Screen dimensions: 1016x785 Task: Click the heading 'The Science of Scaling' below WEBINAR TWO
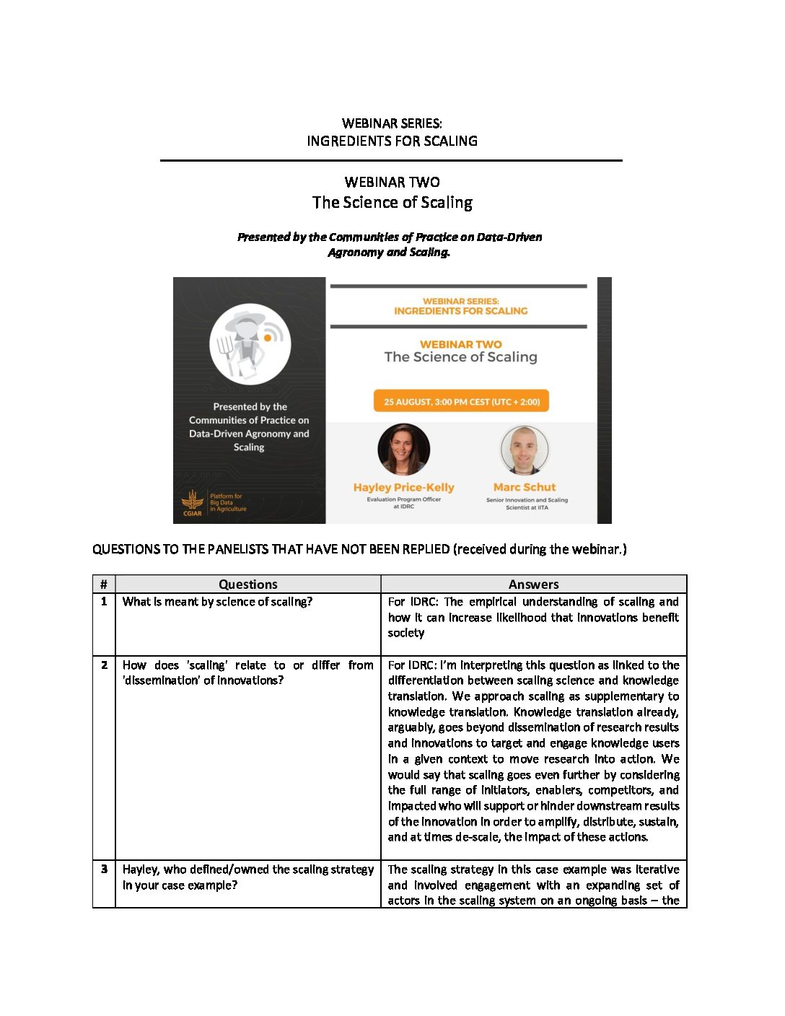tap(392, 203)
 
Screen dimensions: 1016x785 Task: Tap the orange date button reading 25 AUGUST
tap(461, 402)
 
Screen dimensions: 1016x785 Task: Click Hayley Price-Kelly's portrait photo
tap(403, 450)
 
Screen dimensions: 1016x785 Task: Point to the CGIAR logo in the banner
tap(192, 503)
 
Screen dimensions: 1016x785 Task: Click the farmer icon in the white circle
tap(250, 343)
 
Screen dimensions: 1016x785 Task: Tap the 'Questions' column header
tap(247, 584)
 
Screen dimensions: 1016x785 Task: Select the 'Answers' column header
tap(533, 584)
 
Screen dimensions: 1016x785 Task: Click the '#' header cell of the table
tap(104, 584)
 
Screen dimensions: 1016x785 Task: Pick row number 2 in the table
tap(104, 665)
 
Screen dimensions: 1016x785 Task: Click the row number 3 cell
tap(104, 870)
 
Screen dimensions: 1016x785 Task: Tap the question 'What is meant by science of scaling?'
tap(217, 602)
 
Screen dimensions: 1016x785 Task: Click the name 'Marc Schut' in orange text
tap(525, 487)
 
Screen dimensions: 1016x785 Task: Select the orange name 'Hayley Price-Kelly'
tap(403, 487)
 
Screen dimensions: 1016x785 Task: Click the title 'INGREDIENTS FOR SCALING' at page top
tap(392, 141)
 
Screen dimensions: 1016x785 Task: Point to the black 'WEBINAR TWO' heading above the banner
tap(392, 182)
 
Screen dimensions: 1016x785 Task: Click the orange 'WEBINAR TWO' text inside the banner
tap(460, 344)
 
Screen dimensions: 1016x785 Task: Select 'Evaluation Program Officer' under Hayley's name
tap(403, 499)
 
